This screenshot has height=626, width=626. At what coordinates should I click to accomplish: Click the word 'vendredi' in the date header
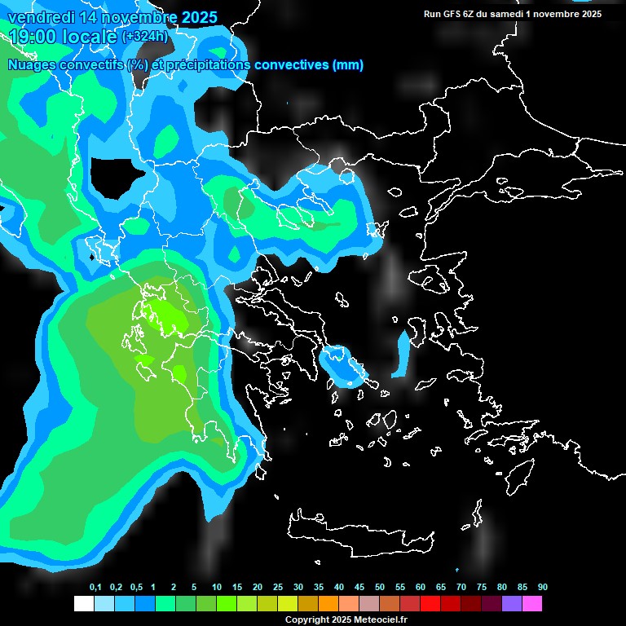(41, 17)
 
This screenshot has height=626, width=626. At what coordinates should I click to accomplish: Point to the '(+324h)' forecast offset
(144, 36)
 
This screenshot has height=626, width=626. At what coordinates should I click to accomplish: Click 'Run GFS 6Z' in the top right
(453, 14)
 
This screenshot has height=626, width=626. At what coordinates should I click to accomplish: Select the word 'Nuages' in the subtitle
(32, 65)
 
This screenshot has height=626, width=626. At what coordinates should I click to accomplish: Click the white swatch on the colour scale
(84, 603)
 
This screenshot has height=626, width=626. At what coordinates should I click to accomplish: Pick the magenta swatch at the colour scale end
(532, 603)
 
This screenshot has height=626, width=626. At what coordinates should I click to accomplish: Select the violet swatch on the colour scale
(512, 603)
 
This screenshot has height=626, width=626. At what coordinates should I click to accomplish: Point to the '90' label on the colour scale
(543, 587)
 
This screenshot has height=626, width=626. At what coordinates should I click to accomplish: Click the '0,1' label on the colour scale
(95, 587)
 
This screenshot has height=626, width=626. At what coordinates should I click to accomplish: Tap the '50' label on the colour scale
(380, 587)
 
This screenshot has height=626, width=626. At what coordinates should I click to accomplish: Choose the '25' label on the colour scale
(278, 587)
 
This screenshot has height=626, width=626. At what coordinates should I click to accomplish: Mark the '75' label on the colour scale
(482, 587)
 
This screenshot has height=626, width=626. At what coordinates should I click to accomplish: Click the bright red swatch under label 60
(430, 603)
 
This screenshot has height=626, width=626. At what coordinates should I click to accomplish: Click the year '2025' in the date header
(200, 17)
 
